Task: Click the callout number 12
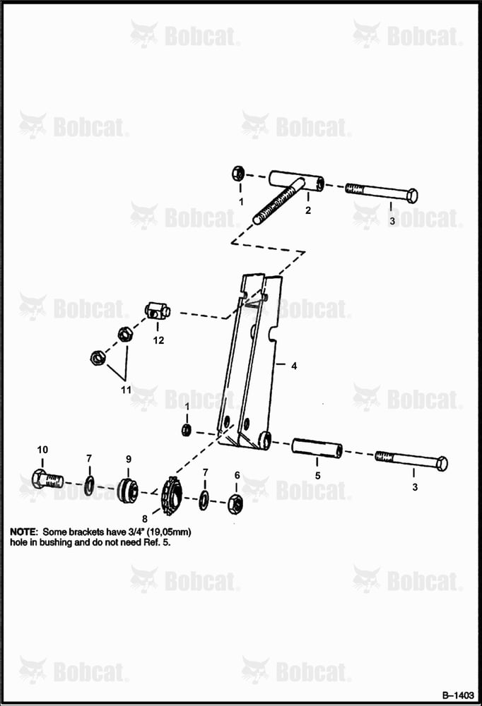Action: pyautogui.click(x=158, y=340)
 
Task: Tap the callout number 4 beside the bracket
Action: pyautogui.click(x=294, y=366)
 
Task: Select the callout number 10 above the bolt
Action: pyautogui.click(x=42, y=449)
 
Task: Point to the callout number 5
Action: pyautogui.click(x=317, y=475)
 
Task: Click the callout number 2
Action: pyautogui.click(x=308, y=210)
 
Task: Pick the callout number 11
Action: pyautogui.click(x=126, y=390)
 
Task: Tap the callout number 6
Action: pyautogui.click(x=237, y=475)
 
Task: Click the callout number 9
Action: pyautogui.click(x=129, y=460)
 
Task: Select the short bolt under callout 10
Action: pyautogui.click(x=47, y=479)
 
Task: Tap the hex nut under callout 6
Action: pyautogui.click(x=235, y=503)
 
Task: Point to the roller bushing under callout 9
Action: pyautogui.click(x=127, y=490)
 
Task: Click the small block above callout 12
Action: pyautogui.click(x=158, y=310)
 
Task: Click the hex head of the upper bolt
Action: pyautogui.click(x=412, y=196)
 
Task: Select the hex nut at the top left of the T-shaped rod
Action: pyautogui.click(x=238, y=174)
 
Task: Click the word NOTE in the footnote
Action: pyautogui.click(x=24, y=532)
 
